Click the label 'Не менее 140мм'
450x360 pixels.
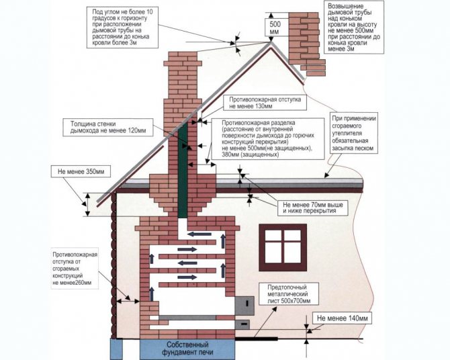click(x=343, y=317)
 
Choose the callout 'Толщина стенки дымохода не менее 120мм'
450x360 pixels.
click(x=107, y=128)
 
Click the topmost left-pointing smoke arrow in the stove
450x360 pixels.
click(x=200, y=234)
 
